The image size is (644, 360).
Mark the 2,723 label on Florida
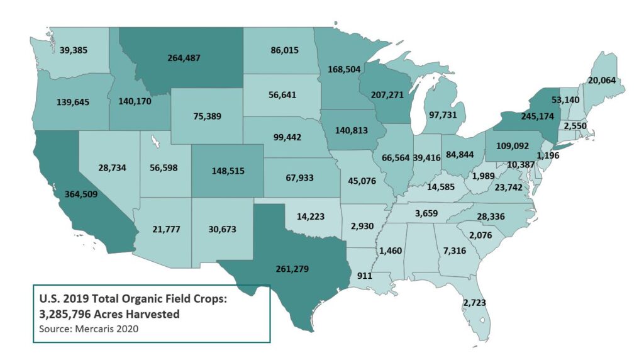tap(474, 302)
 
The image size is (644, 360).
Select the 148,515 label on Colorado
tap(228, 170)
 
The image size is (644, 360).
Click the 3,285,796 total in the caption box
tap(64, 314)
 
